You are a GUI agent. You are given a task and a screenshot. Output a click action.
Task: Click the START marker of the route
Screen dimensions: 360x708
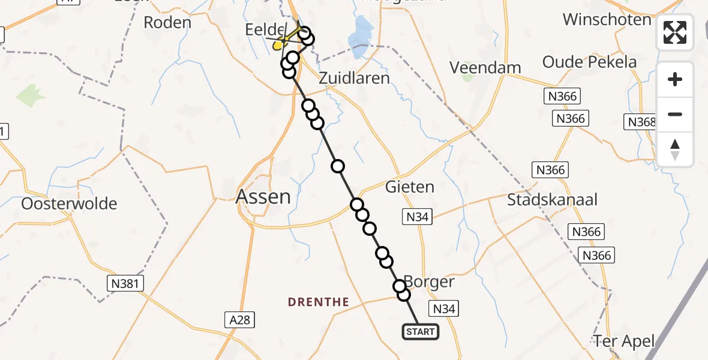(420, 332)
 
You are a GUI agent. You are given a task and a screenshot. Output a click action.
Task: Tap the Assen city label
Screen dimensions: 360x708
(263, 196)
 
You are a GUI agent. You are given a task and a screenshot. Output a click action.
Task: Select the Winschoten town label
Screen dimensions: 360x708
(607, 19)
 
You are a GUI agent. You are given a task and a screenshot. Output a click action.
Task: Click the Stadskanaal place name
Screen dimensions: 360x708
(552, 199)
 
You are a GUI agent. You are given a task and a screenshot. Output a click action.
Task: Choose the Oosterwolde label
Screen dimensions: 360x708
(69, 203)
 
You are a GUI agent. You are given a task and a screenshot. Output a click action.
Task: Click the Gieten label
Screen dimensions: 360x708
(410, 187)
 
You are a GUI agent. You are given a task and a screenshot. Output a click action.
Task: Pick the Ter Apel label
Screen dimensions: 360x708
(623, 341)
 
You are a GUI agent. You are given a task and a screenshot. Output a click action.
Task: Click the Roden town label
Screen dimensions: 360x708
(167, 23)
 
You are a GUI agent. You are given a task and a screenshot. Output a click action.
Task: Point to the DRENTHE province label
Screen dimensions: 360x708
(318, 302)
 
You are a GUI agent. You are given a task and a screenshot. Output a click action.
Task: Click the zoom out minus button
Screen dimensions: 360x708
(675, 114)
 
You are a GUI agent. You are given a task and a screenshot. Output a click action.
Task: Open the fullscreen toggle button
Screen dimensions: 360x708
(675, 32)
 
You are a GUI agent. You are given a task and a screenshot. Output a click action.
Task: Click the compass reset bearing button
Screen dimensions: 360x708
(675, 149)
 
